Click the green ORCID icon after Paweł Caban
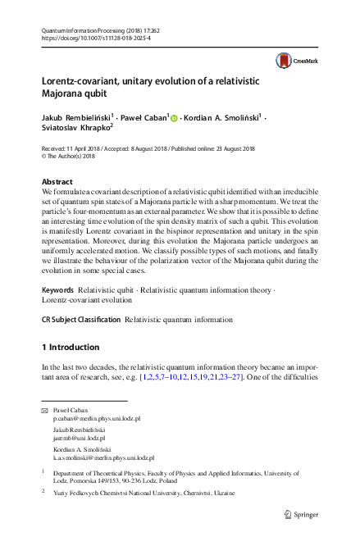tap(174, 118)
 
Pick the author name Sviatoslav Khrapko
tap(75, 129)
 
